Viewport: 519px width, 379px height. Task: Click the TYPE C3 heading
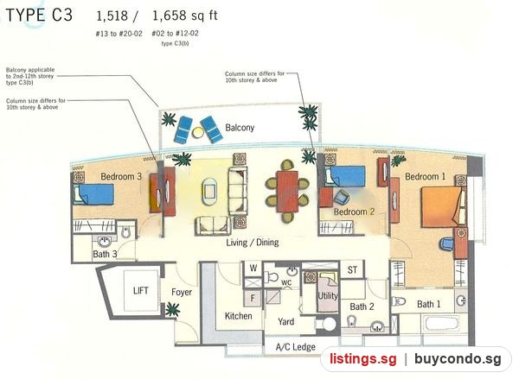39,16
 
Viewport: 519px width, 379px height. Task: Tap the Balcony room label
240,128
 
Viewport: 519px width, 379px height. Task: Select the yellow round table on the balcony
198,132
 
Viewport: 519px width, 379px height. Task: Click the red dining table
288,192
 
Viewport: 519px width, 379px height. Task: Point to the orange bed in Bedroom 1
441,207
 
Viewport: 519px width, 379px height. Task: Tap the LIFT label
141,291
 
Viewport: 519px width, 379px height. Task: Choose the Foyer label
182,293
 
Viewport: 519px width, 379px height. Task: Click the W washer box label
253,268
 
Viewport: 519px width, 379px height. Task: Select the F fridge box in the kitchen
253,299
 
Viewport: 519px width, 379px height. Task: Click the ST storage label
352,270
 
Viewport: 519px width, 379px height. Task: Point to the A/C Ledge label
296,347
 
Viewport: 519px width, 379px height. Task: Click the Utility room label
328,295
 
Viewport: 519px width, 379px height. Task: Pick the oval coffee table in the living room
210,192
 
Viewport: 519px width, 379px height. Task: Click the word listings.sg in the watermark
362,359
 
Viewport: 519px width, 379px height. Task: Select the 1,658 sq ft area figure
185,16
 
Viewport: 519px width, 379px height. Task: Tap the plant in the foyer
172,310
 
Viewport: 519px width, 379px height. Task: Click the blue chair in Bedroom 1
447,243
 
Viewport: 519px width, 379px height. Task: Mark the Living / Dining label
253,243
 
